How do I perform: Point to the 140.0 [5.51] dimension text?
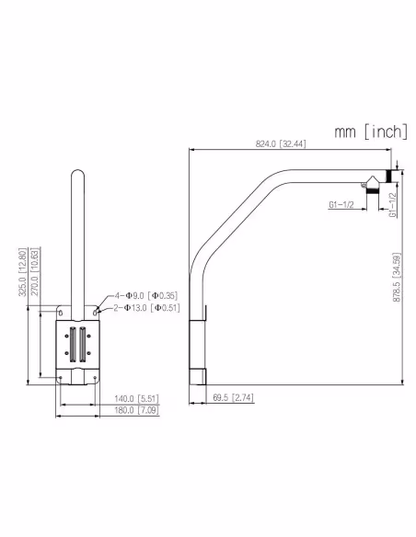coord(135,398)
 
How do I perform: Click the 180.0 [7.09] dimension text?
coord(135,410)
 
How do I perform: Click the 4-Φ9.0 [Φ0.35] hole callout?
coord(145,295)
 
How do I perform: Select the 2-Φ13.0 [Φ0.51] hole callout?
coord(147,308)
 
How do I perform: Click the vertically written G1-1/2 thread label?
coord(392,204)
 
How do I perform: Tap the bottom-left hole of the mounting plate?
coord(61,376)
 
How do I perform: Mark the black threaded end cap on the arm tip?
coord(389,176)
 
